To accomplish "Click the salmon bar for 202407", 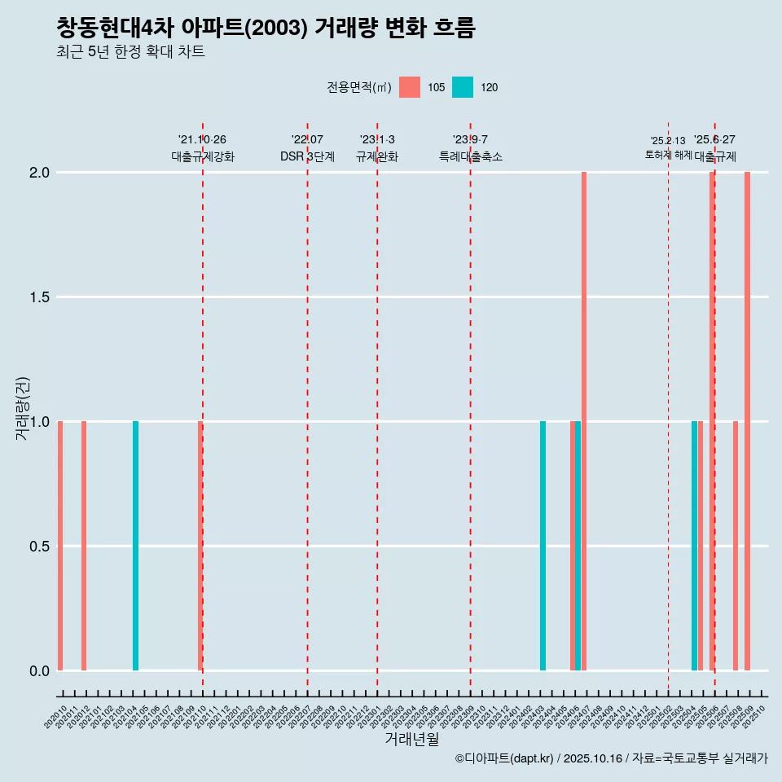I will (584, 421).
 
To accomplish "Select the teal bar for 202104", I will (135, 546).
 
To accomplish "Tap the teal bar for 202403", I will (543, 546).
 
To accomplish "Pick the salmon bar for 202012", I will (84, 546).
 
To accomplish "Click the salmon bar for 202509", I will (747, 421).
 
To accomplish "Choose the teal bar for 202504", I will (694, 546).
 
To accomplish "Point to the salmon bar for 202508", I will (736, 546).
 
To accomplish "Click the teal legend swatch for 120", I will (462, 87).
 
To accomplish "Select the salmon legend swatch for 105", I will (410, 87).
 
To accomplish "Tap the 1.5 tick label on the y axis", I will (40, 297).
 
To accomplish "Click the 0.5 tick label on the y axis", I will (40, 547).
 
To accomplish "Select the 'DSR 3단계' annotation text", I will (307, 156).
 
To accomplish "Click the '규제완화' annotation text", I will (377, 156).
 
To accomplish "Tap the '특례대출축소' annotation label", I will (471, 156).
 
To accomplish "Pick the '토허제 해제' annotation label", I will (668, 155).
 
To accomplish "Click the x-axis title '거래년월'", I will (411, 739).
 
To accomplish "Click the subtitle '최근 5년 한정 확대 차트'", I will (130, 52).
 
